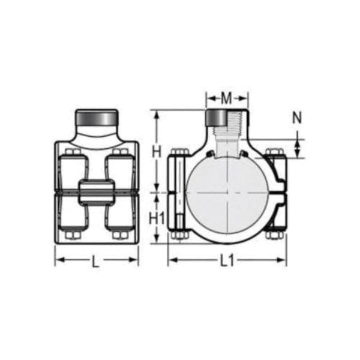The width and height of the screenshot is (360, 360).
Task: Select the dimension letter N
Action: click(297, 118)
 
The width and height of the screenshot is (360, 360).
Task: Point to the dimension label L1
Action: click(226, 261)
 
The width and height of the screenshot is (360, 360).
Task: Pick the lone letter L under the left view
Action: click(97, 261)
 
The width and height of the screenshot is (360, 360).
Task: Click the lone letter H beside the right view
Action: click(157, 152)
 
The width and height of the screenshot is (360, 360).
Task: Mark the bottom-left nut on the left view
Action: click(73, 234)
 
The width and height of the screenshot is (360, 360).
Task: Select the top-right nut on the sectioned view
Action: click(275, 152)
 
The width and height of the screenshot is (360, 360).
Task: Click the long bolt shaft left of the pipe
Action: click(178, 192)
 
